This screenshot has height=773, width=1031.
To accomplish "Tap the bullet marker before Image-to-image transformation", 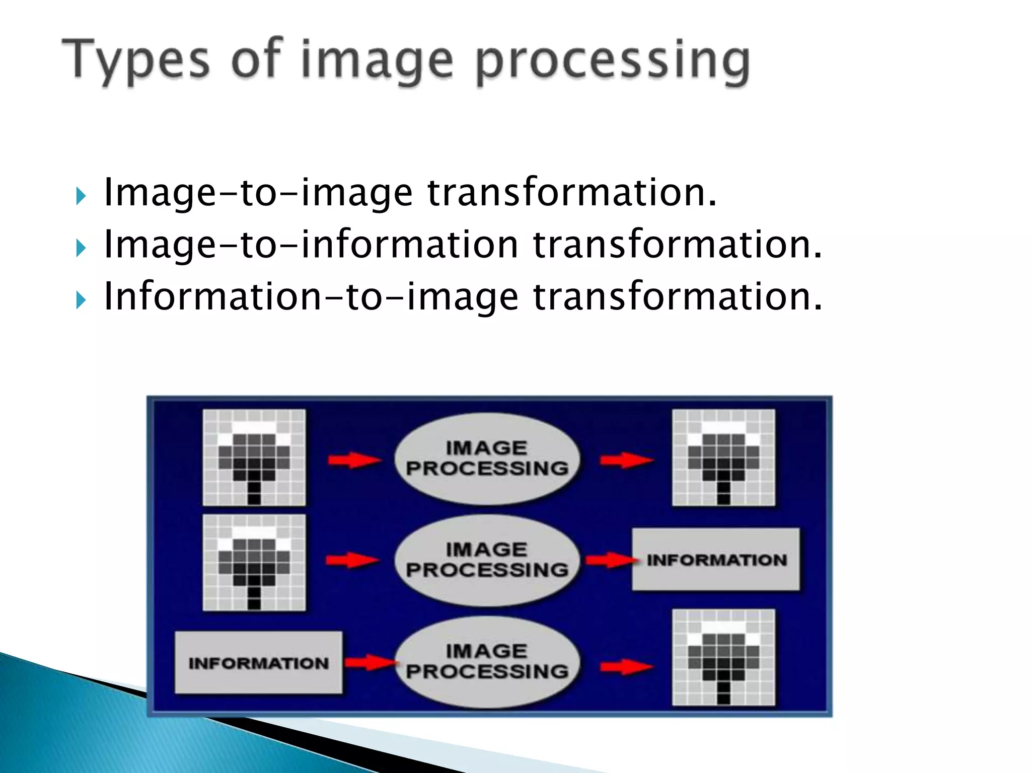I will point(81,195).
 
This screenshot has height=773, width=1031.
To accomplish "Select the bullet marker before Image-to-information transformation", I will point(81,248).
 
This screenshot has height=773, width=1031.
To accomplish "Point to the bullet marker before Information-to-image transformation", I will point(81,300).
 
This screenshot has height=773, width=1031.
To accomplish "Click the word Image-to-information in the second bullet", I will point(311,245).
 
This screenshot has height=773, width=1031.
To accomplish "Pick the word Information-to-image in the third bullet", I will point(311,297).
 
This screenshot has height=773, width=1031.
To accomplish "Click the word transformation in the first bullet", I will point(572,193).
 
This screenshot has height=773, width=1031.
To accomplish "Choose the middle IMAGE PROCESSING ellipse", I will point(487,560).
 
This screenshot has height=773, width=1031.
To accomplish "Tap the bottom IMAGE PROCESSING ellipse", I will point(487,661).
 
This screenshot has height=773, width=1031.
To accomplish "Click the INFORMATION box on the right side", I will point(716,560).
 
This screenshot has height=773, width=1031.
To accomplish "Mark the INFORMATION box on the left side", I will point(258,663).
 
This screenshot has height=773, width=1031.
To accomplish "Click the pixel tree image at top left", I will point(254,457).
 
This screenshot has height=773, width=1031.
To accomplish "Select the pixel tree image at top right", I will point(723,457).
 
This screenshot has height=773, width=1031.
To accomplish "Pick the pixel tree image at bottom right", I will point(723,657).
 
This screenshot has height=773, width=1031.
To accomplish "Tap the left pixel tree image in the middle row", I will point(254,562).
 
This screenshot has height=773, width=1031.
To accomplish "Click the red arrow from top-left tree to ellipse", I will point(353,460).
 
